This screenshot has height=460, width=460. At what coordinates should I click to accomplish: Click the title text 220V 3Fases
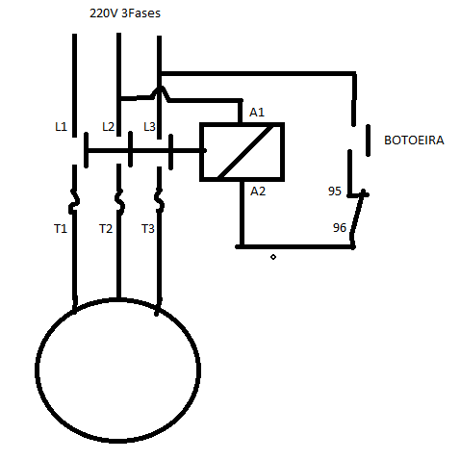[125, 13]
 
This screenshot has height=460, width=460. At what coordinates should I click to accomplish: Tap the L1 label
[61, 127]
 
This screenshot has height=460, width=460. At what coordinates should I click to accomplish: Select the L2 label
[108, 127]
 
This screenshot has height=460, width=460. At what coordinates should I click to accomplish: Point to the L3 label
[149, 127]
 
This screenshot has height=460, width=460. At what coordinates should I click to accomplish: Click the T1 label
[61, 229]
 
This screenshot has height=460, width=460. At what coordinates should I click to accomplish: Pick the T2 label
[106, 229]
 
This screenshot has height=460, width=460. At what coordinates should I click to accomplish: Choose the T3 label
[148, 229]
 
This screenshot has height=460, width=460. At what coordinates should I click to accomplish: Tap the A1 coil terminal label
[257, 113]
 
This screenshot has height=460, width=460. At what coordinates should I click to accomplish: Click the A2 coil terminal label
[258, 192]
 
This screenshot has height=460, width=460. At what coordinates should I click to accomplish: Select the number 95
[335, 192]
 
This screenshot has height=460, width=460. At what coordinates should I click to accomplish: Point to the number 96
[340, 228]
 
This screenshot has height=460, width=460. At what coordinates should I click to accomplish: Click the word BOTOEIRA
[414, 141]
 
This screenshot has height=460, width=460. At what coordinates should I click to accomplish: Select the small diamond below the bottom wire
[273, 257]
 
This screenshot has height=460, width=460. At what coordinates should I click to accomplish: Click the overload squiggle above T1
[74, 201]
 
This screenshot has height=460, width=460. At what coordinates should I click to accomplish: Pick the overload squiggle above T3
[159, 201]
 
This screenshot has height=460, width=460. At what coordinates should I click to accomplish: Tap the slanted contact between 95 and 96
[358, 214]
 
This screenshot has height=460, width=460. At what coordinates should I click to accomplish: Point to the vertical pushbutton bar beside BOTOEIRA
[368, 141]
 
